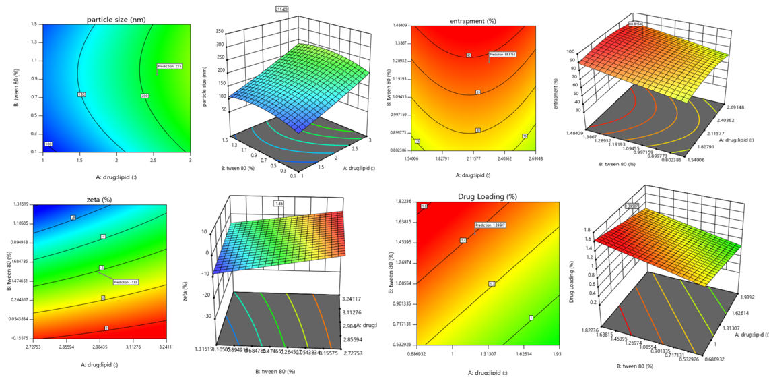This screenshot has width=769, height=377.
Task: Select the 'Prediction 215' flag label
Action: pos(170,67)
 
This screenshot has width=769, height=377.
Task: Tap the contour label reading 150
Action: pos(81,95)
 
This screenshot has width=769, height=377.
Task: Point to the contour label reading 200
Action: pos(145,96)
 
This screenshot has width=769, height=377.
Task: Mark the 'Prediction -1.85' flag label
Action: pos(126,283)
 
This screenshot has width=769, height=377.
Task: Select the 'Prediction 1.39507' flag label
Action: pos(490,225)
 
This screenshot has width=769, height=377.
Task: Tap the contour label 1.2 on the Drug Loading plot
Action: pos(492,284)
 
